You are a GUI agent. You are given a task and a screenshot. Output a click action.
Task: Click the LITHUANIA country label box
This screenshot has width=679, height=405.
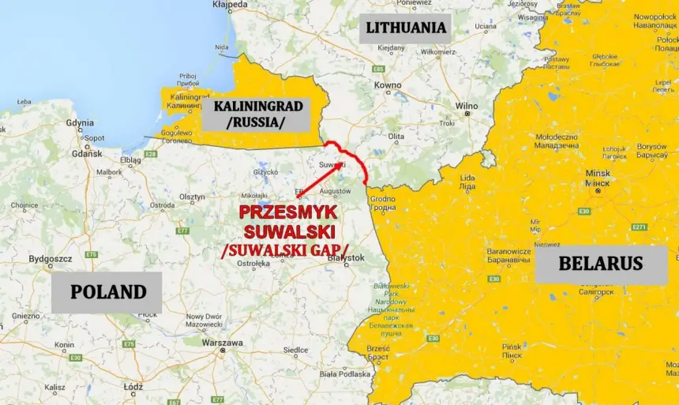pos(406,28)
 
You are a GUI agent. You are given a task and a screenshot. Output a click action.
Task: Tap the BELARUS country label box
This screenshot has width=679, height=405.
pos(601,263)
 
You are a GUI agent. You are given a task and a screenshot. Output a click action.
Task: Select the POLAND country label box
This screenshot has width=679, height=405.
pos(108,291)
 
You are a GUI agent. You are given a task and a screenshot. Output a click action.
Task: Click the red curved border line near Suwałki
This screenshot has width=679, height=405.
pos(354,158)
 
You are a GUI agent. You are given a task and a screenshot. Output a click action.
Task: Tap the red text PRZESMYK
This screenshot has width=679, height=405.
pos(288,212)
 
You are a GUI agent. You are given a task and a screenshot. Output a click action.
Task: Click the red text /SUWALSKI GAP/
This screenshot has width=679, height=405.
pos(284,250)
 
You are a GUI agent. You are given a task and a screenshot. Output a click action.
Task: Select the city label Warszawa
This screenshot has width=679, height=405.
pos(222,343)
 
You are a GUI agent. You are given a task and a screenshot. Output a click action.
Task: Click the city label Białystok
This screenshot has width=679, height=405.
pos(347,257)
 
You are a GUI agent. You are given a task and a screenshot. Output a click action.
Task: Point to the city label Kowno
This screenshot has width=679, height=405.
pos(388,84)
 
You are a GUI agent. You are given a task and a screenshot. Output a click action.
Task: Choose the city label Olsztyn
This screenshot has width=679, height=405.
pos(193,197)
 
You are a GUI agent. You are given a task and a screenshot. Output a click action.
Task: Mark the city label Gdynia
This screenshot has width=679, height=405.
pos(80,122)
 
